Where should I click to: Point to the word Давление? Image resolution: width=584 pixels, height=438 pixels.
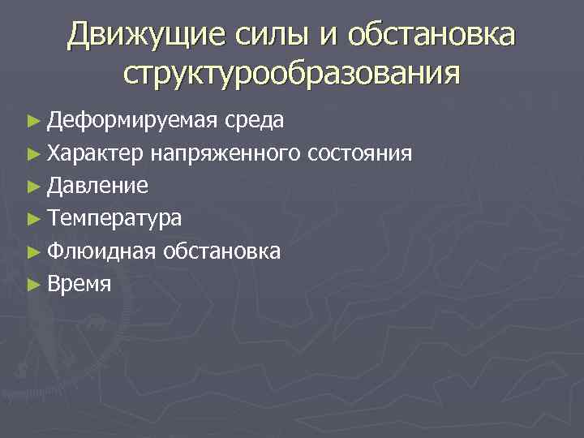[97, 186]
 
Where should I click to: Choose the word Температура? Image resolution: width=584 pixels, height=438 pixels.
[114, 218]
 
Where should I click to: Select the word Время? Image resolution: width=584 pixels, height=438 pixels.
[79, 284]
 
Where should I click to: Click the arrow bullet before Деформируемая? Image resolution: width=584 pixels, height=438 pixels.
[32, 122]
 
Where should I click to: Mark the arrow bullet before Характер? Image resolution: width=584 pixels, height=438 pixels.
[32, 154]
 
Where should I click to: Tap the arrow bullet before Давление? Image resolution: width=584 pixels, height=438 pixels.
[32, 187]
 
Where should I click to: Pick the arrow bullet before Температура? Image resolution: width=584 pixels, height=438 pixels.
[32, 219]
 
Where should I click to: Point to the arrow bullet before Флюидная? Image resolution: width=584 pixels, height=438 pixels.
[32, 251]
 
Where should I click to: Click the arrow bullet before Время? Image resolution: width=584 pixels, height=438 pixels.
[32, 284]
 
